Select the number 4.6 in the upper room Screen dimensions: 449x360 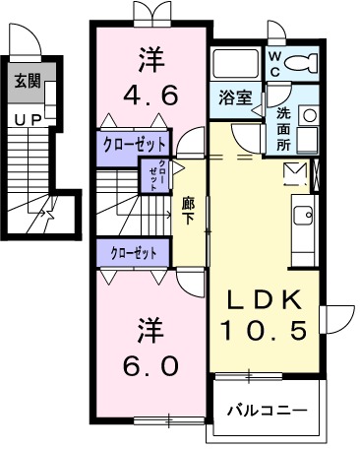[150, 96]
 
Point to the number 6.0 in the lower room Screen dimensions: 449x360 [150, 365]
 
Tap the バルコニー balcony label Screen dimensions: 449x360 [267, 410]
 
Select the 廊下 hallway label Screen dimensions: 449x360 [189, 211]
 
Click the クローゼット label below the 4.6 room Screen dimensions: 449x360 [134, 144]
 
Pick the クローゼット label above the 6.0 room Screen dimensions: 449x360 [134, 253]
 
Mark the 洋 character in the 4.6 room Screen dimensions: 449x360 [150, 59]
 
